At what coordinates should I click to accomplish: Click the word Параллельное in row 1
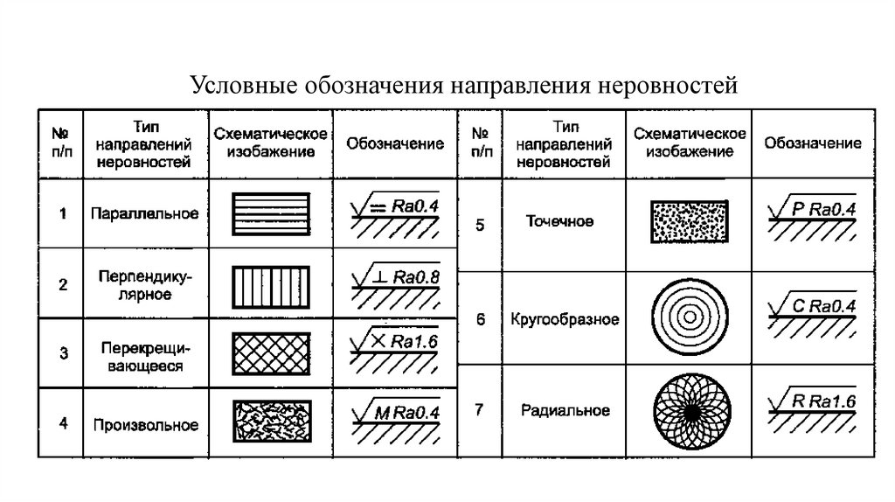click(147, 213)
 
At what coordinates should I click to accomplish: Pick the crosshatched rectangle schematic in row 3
click(270, 353)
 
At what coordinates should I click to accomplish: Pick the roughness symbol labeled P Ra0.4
click(812, 218)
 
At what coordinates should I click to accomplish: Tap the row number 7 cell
click(481, 408)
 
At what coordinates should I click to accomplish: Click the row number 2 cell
click(62, 284)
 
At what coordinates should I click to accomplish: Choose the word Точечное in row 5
click(559, 222)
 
